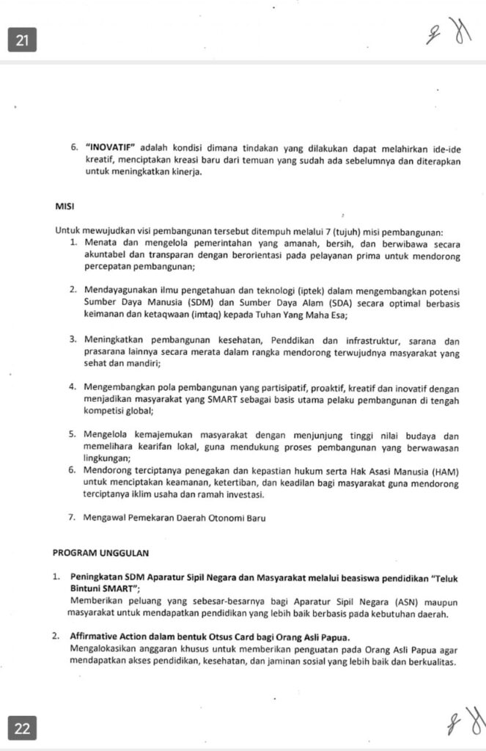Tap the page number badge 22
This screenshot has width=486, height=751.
click(x=22, y=728)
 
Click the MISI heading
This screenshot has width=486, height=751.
click(x=65, y=207)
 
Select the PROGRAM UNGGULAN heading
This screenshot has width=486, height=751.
click(x=95, y=552)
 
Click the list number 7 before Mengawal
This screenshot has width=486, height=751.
click(x=72, y=518)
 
